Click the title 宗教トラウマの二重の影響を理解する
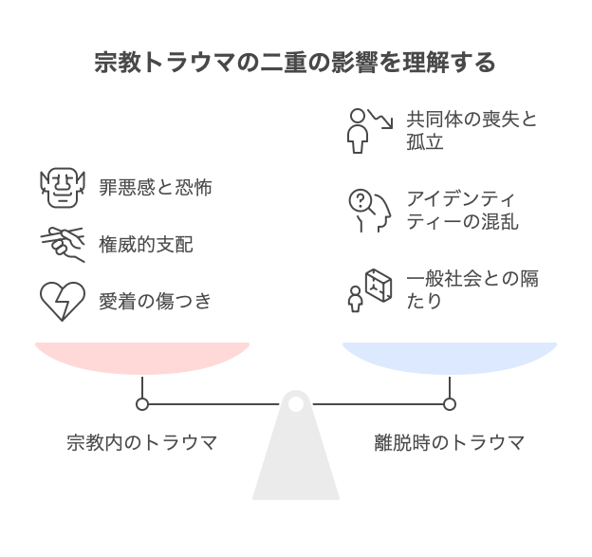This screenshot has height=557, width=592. (295, 64)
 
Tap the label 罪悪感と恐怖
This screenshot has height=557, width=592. (156, 187)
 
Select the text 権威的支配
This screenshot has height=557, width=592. (146, 244)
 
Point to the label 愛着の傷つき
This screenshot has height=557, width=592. (156, 302)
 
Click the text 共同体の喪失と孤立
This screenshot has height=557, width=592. (472, 131)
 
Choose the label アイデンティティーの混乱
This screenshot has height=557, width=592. (462, 211)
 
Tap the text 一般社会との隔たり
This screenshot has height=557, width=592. (472, 289)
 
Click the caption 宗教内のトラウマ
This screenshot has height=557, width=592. (142, 442)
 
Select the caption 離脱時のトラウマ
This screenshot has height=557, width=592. (449, 442)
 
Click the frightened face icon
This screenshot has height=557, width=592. (63, 187)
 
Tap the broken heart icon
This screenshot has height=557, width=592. (63, 302)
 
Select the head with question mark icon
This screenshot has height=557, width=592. (369, 210)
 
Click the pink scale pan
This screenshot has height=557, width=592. (142, 356)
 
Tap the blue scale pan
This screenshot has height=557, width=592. (449, 356)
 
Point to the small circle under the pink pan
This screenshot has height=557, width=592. (142, 404)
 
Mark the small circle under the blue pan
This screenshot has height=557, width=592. (450, 404)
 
